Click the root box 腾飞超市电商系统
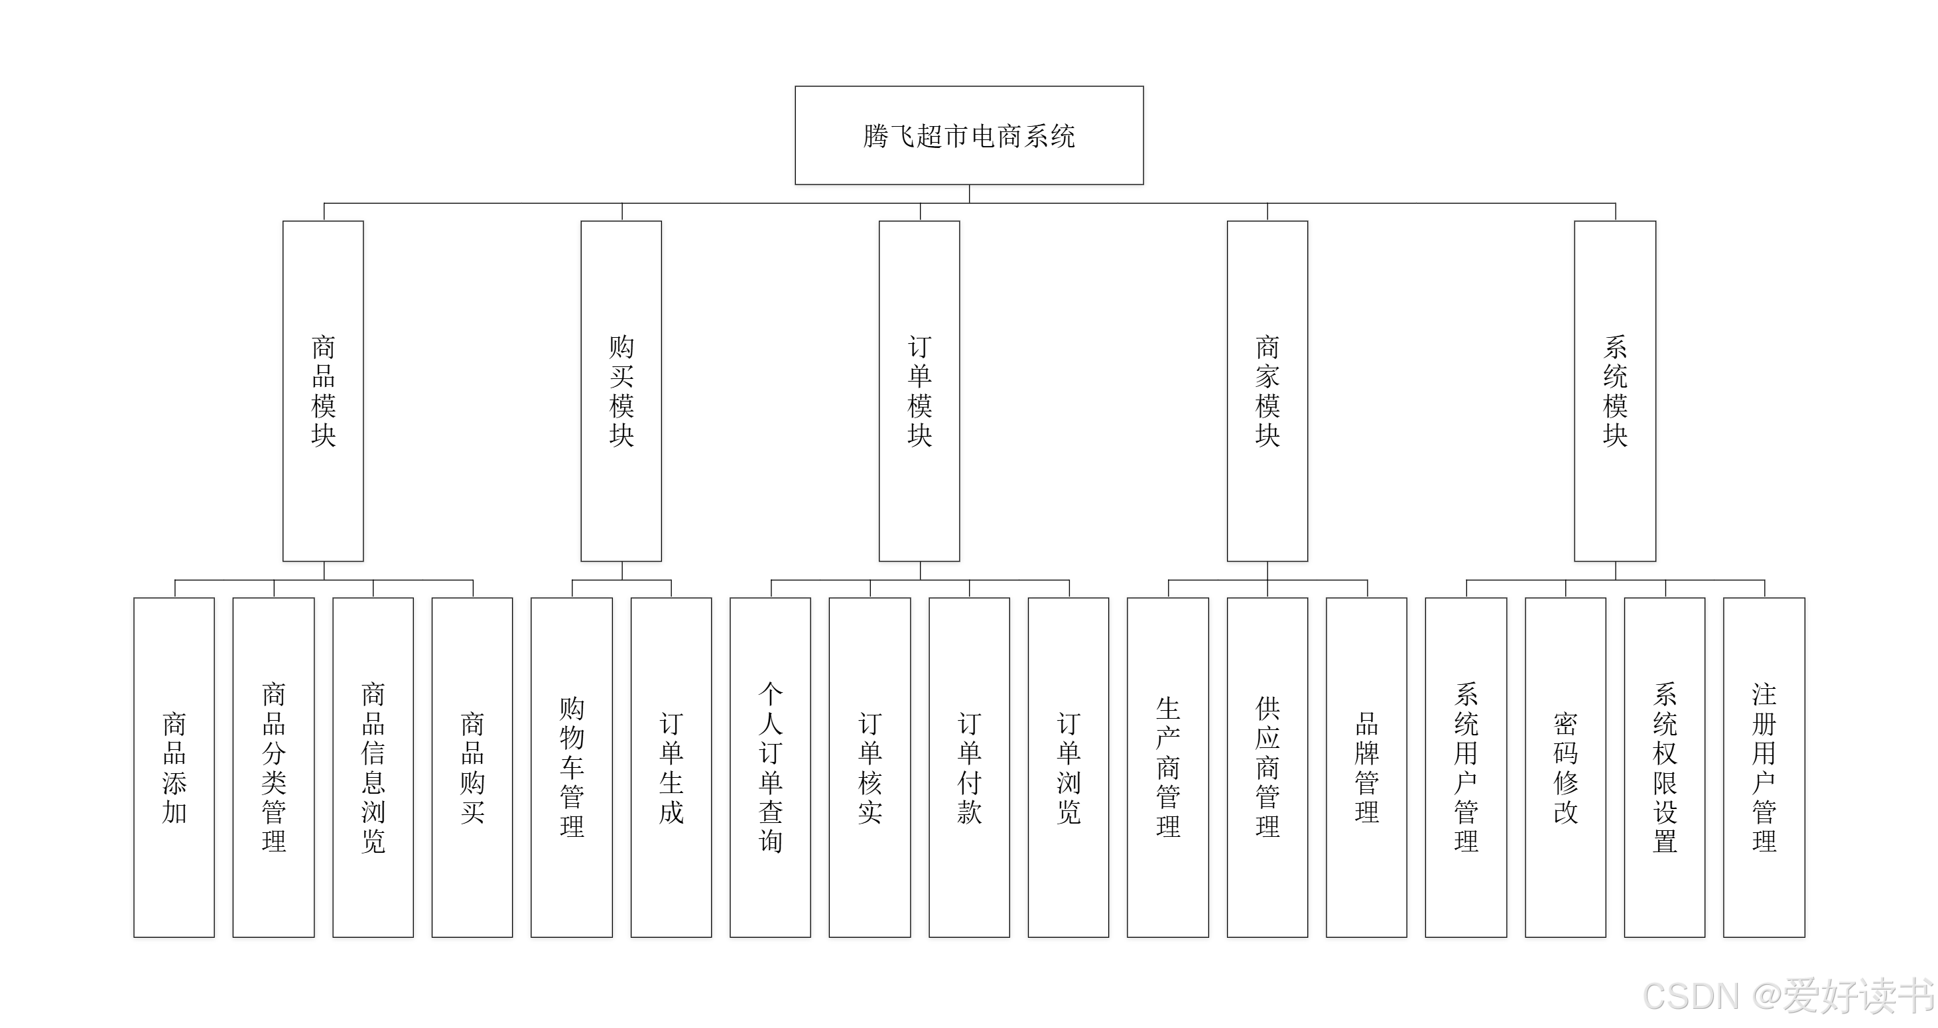pos(969,135)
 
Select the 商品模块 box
pos(323,391)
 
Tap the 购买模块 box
pos(621,391)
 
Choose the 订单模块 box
pos(919,391)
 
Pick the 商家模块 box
pos(1267,391)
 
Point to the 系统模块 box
pos(1615,391)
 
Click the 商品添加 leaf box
pos(174,767)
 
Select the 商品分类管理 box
pos(274,767)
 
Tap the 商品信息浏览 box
pos(373,767)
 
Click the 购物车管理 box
pos(572,767)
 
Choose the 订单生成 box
pos(671,767)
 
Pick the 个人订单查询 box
pos(771,767)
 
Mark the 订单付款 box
pos(969,767)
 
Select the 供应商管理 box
pos(1267,767)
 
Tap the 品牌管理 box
pos(1367,767)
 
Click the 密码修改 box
pos(1566,767)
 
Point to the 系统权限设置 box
pos(1665,767)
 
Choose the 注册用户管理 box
pos(1764,767)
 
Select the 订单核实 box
pos(870,767)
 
